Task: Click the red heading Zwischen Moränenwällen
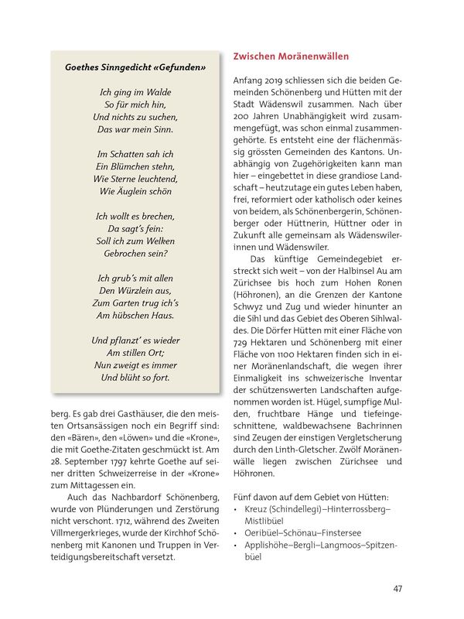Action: coord(291,57)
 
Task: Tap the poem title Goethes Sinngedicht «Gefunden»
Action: coord(135,67)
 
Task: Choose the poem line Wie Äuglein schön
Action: coord(135,191)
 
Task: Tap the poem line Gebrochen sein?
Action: coord(135,252)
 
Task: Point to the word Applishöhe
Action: coord(267,544)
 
